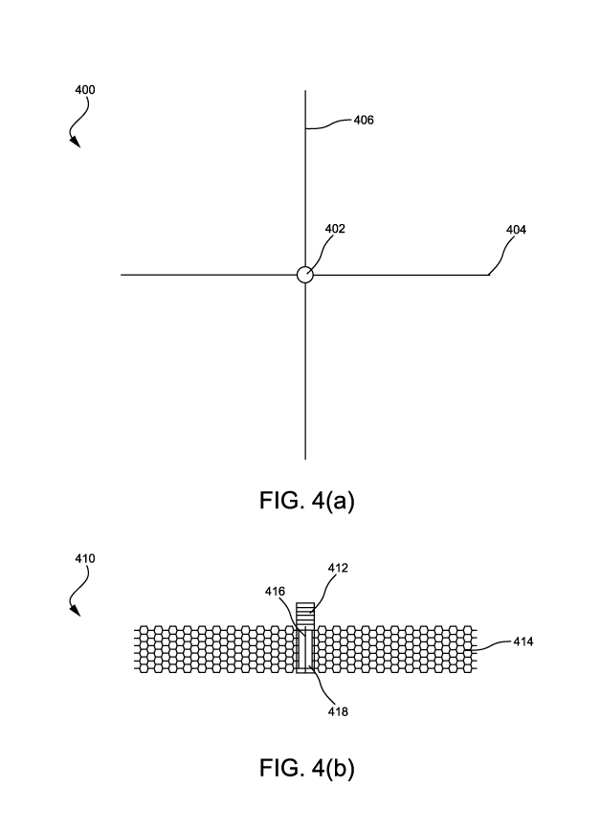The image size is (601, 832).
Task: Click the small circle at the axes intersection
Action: [x=304, y=275]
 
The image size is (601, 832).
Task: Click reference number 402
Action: [x=335, y=229]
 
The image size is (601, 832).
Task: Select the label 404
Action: [x=516, y=230]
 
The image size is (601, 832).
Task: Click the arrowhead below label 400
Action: [x=76, y=144]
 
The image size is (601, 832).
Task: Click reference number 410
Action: [x=84, y=557]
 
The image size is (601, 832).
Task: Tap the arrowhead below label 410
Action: [x=76, y=610]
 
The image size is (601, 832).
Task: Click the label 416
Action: [x=276, y=593]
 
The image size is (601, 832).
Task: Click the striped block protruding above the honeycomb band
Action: [x=305, y=614]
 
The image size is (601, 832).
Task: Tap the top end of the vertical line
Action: [x=305, y=91]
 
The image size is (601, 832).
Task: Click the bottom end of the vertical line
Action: [x=305, y=460]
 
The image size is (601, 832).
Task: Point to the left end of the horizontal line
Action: [x=122, y=275]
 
